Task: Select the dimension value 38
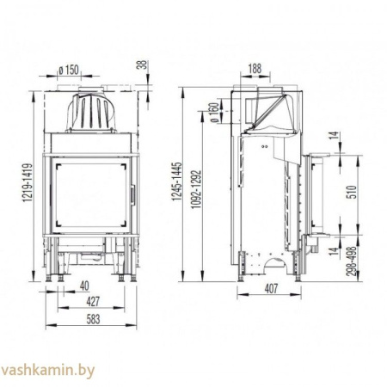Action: tap(144, 64)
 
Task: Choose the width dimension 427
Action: tap(89, 304)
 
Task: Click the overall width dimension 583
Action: tap(90, 322)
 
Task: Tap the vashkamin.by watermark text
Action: tap(50, 371)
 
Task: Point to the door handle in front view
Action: tap(132, 191)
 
